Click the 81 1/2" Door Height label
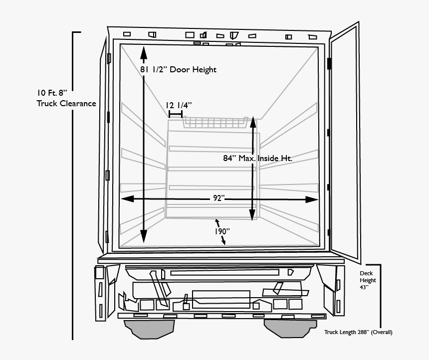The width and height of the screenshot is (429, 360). tap(178, 69)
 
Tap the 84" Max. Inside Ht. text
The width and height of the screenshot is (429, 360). tap(258, 158)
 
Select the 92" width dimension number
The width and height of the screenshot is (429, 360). tap(219, 198)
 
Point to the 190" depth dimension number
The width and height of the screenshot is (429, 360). tap(222, 231)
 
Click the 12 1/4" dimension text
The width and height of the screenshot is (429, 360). tap(179, 105)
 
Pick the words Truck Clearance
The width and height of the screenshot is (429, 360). tap(66, 103)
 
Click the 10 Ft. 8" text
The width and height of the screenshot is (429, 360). tap(52, 93)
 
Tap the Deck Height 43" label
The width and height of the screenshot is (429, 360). tap(368, 280)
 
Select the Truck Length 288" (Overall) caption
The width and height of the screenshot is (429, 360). tap(358, 332)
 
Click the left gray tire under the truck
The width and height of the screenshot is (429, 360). tap(149, 330)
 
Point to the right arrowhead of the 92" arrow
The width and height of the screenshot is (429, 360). tap(312, 200)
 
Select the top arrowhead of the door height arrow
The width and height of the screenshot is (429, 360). tap(144, 53)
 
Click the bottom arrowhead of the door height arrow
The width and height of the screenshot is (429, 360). tap(144, 236)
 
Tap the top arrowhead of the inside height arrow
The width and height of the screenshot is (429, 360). tap(253, 123)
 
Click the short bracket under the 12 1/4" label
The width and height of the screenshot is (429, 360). tap(176, 114)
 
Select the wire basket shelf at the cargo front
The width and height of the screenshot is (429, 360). tap(215, 122)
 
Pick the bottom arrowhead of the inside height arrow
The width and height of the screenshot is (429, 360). tap(252, 215)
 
